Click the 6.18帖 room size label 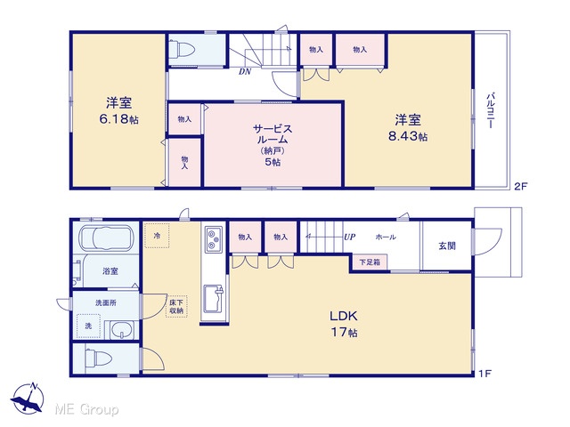point(118,119)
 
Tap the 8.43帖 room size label point(408,136)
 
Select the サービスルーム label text point(273,134)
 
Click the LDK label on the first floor point(344,316)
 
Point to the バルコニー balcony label point(491,110)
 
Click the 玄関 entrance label point(447,246)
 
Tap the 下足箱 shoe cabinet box point(370,262)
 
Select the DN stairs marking point(245,71)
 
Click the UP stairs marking point(349,238)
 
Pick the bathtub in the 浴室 point(106,238)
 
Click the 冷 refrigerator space point(157,236)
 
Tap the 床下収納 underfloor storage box point(176,306)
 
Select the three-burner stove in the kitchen point(214,239)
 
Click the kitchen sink point(214,299)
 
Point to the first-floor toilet point(98,359)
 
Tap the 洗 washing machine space point(89,326)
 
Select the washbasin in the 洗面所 point(122,330)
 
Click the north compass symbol point(28,398)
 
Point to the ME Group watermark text point(86,409)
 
